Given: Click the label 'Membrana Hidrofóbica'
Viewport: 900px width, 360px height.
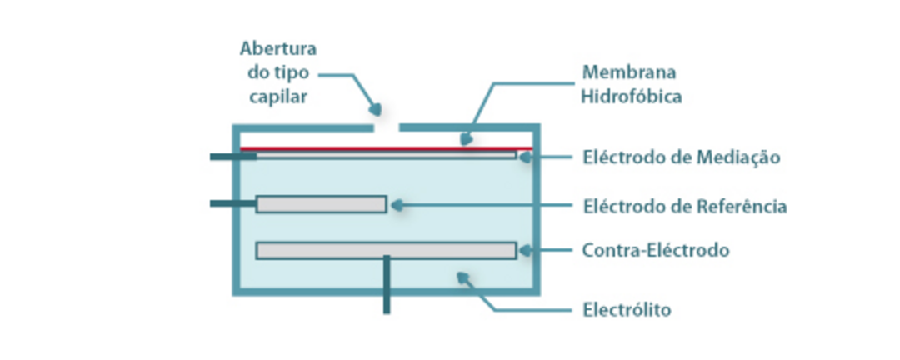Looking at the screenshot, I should click(x=631, y=84).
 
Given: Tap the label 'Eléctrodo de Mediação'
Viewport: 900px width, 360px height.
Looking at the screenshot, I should click(x=681, y=157).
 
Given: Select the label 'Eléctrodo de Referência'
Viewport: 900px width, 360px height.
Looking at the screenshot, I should click(x=684, y=205).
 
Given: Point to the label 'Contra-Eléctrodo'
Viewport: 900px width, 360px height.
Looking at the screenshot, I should click(x=655, y=250).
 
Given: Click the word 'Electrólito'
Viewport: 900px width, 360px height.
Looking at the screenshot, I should click(x=626, y=310).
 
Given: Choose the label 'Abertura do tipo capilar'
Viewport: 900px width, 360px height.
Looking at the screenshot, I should click(x=277, y=72).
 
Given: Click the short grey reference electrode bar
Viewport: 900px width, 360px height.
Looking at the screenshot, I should click(x=321, y=204).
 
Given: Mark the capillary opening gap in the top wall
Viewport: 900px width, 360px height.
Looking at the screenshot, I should click(x=386, y=128).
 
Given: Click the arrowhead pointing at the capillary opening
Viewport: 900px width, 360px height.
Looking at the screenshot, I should click(x=376, y=109).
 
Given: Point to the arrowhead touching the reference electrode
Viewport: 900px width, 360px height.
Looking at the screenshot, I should click(x=396, y=204).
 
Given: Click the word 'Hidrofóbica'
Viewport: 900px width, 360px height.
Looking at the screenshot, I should click(x=631, y=97).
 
